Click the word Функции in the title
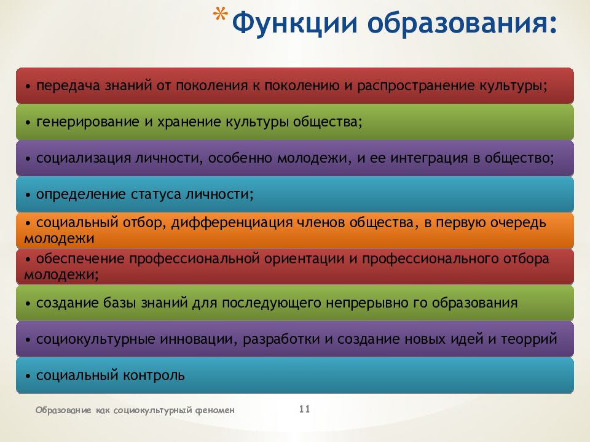click(x=294, y=23)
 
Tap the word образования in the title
click(x=462, y=23)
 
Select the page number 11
click(x=304, y=409)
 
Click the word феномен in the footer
click(x=215, y=410)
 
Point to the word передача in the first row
click(x=68, y=86)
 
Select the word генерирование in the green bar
click(x=88, y=122)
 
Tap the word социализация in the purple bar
click(x=84, y=158)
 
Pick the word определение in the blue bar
click(x=82, y=195)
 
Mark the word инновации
click(x=199, y=339)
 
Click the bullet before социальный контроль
click(x=28, y=376)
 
